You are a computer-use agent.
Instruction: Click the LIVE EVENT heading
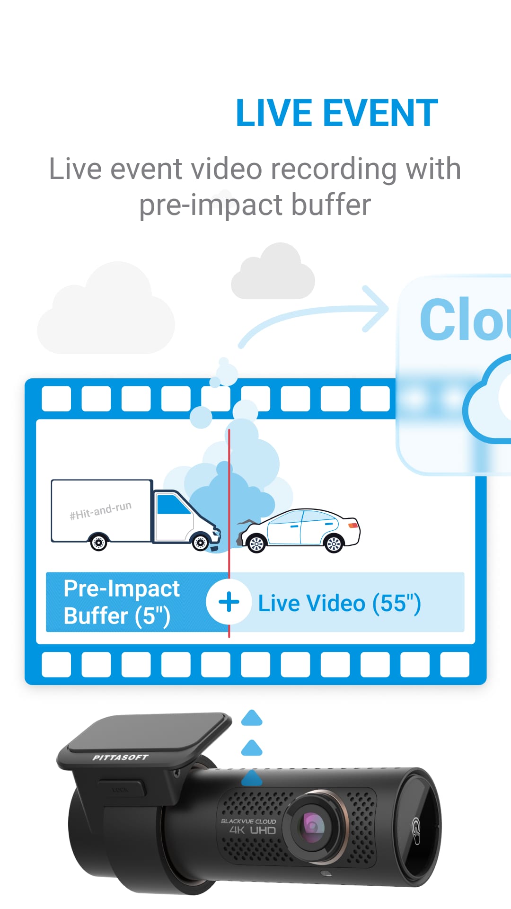click(336, 114)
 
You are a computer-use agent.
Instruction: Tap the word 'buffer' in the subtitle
click(331, 205)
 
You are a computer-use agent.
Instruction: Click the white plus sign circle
click(229, 602)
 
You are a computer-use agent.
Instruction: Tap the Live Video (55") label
click(339, 603)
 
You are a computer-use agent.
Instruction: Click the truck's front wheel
click(201, 542)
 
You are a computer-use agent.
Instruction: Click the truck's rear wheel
click(98, 543)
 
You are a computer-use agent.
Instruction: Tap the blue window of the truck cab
click(172, 505)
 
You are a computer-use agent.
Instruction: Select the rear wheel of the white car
click(334, 544)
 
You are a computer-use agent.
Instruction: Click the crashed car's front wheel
click(256, 544)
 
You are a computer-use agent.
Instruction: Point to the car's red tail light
click(353, 525)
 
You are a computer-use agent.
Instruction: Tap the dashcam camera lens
click(313, 826)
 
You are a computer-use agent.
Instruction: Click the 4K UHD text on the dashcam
click(252, 830)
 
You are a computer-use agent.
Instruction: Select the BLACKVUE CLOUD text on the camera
click(248, 821)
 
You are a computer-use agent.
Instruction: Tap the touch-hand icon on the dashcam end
click(416, 829)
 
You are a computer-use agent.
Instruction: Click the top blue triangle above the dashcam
click(252, 719)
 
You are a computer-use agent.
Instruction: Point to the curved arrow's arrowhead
click(377, 308)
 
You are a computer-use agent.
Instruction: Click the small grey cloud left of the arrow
click(273, 273)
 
